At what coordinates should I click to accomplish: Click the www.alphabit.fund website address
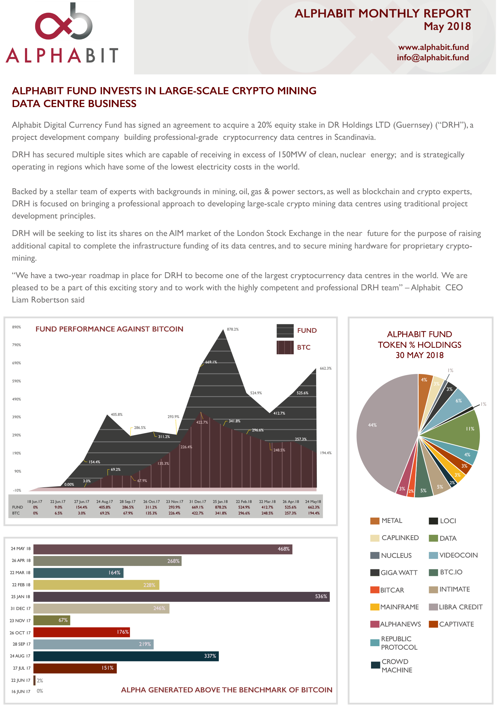point(433,47)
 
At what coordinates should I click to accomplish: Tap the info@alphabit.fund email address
point(433,58)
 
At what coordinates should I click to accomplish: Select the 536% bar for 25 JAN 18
point(181,597)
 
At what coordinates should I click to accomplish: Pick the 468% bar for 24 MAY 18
point(162,549)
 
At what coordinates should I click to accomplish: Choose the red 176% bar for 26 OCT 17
point(81,632)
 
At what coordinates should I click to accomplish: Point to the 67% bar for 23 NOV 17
point(51,620)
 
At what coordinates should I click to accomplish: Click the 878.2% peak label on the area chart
point(233,329)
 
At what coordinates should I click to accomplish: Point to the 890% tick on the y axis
point(17,327)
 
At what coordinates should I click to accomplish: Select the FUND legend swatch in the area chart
point(285,331)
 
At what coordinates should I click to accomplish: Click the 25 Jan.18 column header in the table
point(220,502)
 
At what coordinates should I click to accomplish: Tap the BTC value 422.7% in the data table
point(197,513)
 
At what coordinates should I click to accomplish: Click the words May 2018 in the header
point(447,27)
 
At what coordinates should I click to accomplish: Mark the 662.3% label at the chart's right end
point(326,368)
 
